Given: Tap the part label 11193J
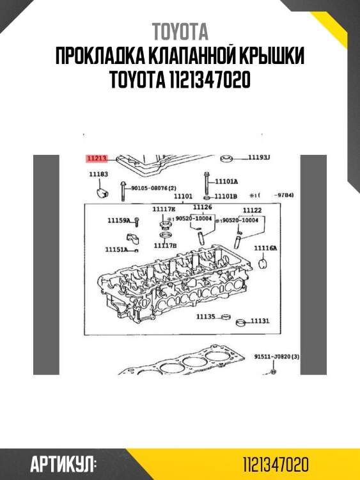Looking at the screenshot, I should (x=260, y=157).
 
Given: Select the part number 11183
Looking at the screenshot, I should (x=98, y=174).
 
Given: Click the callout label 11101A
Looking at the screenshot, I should (x=226, y=181).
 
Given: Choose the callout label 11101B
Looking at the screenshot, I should (x=226, y=196).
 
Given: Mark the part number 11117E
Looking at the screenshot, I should (x=164, y=209).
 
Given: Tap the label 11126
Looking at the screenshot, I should (x=202, y=207).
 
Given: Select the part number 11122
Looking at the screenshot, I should (x=252, y=210).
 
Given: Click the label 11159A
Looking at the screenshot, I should (x=119, y=221).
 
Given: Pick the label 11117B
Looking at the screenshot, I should (x=165, y=245).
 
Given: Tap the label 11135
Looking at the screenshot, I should (x=206, y=316).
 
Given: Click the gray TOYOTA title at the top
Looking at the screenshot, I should (x=180, y=32).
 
